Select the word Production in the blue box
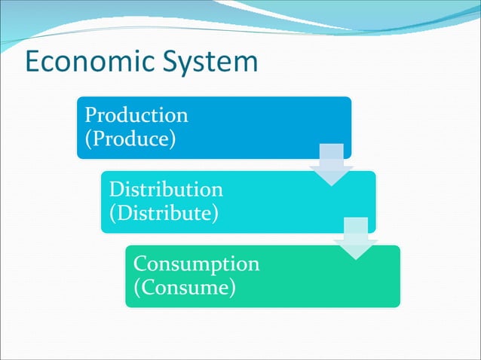click(136, 115)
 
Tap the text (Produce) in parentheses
click(130, 139)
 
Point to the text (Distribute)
click(164, 212)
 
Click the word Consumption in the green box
click(196, 264)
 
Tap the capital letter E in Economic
click(33, 61)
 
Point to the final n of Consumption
click(253, 264)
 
